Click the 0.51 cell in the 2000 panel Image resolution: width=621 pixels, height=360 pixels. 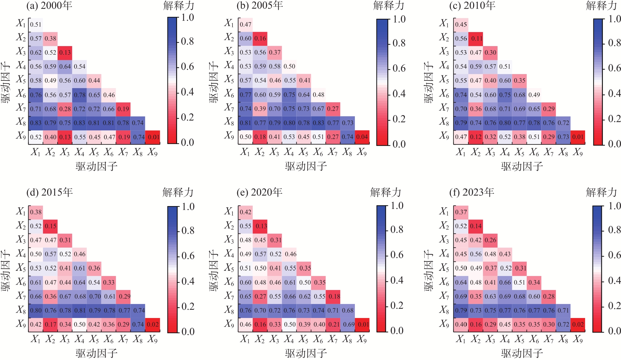tap(36, 24)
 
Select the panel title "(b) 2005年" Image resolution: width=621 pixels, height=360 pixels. tap(259, 5)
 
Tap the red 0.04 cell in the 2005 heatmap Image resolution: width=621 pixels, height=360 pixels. tap(362, 137)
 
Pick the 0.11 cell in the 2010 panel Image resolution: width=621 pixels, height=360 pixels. tap(476, 38)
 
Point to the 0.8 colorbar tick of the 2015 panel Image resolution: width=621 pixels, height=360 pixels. tap(188, 230)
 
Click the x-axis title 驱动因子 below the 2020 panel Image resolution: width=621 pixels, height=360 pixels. tap(306, 353)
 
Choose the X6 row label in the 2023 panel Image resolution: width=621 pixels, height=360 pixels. tap(444, 282)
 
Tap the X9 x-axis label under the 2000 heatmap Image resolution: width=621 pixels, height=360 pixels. tap(153, 153)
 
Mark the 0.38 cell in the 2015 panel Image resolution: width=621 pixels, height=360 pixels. tap(36, 212)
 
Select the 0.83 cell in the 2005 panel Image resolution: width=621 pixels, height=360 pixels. tap(318, 123)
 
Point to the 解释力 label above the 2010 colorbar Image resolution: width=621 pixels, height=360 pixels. tap(601, 6)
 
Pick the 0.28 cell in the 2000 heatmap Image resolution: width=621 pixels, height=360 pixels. tap(65, 109)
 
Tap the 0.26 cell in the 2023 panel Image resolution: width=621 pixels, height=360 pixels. tap(490, 240)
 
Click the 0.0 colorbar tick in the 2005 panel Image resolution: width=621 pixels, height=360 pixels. tap(399, 144)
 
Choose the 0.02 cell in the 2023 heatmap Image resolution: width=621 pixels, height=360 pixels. tap(578, 324)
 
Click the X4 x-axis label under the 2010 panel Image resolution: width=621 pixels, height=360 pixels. tap(505, 153)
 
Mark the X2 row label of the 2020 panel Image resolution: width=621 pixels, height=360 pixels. tap(229, 225)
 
